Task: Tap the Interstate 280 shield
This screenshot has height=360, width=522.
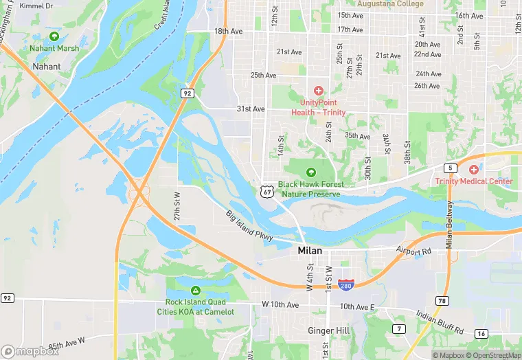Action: click(346, 284)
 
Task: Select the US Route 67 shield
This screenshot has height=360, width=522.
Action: click(266, 191)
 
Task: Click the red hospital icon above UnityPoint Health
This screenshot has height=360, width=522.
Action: click(318, 91)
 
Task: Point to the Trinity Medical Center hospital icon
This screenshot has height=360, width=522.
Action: click(473, 170)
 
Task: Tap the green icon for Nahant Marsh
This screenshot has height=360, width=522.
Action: click(54, 36)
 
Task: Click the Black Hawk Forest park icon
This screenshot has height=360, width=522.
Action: click(310, 172)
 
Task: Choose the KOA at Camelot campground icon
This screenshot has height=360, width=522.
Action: click(196, 290)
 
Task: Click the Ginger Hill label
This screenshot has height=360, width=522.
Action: click(330, 330)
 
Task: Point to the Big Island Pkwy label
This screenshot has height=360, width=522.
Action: click(250, 225)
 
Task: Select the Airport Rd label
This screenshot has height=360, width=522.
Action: click(414, 251)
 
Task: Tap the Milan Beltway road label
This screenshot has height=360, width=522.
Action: click(449, 225)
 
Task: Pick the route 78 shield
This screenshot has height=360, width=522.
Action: click(442, 300)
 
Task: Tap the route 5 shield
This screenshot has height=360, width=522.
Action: click(450, 168)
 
